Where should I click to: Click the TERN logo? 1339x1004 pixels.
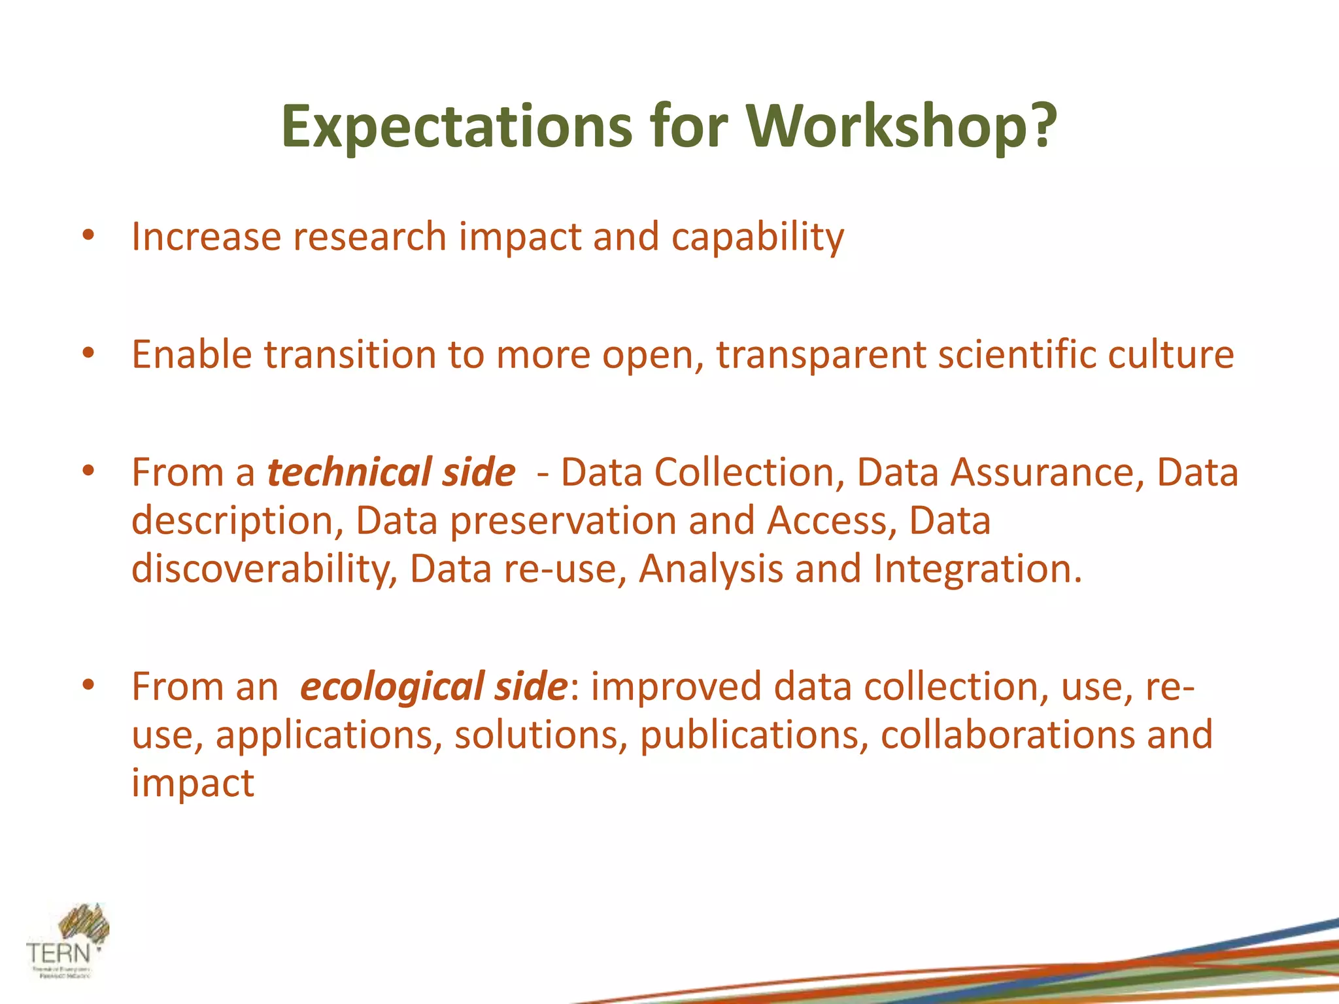(67, 941)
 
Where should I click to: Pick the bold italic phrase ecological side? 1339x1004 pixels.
(433, 686)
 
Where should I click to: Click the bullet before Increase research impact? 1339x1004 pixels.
(89, 236)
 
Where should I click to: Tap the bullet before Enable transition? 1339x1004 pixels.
(89, 354)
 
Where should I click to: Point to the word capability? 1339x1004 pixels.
(758, 237)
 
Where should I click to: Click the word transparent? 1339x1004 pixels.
(821, 355)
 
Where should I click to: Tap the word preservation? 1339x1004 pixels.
(563, 521)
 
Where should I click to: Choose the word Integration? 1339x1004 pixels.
(977, 569)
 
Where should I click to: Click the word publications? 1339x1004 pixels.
(754, 735)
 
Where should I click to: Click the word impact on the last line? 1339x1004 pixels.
(192, 783)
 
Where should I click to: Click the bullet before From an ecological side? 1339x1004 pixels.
(89, 686)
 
